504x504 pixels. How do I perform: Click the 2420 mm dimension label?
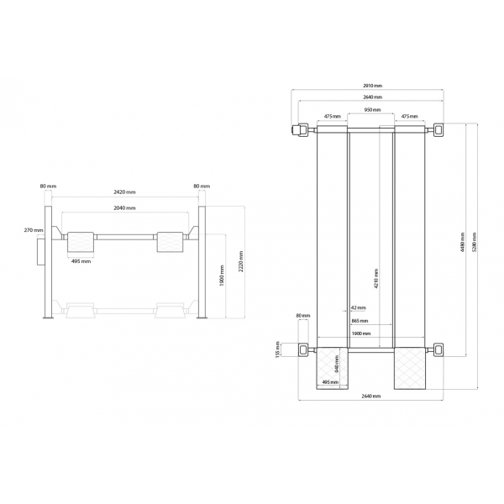[x=123, y=192]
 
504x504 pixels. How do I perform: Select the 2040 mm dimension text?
[x=123, y=208]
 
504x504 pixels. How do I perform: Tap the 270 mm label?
[x=34, y=229]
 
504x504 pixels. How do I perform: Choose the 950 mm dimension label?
[x=371, y=110]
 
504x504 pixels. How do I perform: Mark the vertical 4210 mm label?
[x=375, y=277]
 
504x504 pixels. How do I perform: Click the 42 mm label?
[x=360, y=308]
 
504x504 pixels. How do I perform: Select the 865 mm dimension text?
[x=360, y=321]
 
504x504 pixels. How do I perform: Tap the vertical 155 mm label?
[x=278, y=349]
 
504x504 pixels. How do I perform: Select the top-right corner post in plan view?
[x=438, y=129]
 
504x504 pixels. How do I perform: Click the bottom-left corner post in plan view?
[x=302, y=349]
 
